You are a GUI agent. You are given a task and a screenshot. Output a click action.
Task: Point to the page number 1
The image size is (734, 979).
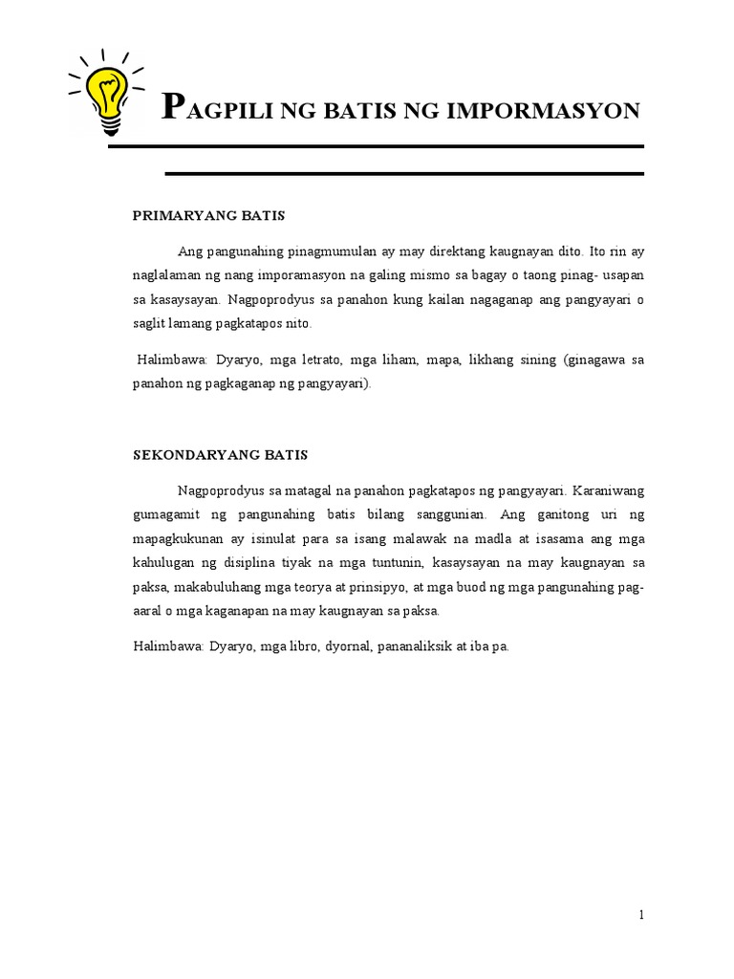(x=642, y=915)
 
